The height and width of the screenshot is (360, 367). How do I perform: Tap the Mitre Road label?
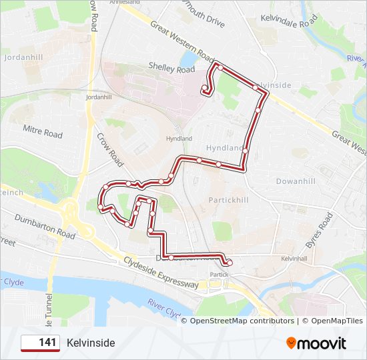43,131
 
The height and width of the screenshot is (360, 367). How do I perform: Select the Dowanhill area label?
296,181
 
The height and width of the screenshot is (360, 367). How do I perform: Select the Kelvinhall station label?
294,258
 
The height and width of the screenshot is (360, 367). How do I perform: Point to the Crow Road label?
110,148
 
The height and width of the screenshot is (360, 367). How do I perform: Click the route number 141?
47,343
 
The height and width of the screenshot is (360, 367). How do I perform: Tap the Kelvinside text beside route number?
91,343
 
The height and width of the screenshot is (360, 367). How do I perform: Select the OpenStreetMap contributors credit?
242,321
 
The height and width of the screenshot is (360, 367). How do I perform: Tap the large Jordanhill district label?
23,57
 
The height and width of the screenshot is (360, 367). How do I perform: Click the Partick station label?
220,275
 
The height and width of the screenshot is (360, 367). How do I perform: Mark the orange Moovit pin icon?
291,343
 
